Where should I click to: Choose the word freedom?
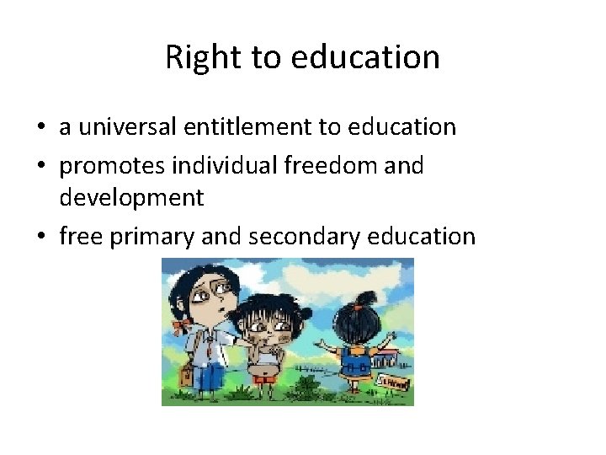338,166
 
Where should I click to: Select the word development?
131,198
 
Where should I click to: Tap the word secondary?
290,237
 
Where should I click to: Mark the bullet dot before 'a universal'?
40,128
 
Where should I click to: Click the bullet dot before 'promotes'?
40,167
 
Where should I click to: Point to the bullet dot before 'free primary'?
40,238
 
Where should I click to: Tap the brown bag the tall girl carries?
186,378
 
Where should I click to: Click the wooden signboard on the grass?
396,383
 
